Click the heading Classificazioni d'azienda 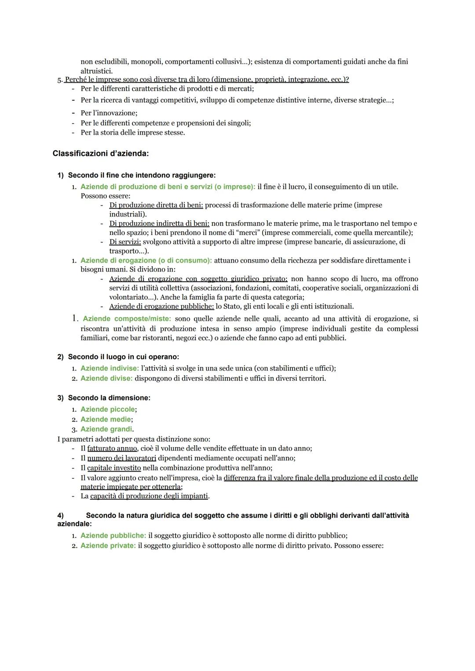100,154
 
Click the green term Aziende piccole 108,409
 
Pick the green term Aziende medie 106,419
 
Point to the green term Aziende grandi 106,429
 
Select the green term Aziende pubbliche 113,535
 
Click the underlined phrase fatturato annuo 112,448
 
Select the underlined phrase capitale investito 114,468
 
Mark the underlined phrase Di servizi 125,242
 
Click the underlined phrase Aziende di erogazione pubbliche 161,306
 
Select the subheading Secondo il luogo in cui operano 123,357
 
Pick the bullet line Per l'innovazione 109,113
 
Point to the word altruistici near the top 96,71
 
